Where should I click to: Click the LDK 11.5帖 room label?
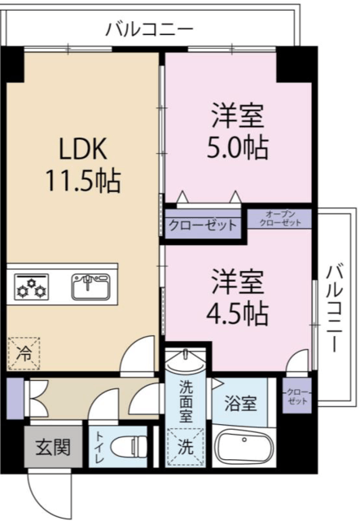pos(83,164)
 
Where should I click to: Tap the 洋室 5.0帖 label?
pos(238,131)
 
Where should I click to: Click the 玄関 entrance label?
pos(53,447)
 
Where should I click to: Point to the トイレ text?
pos(99,447)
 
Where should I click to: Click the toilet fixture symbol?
pos(128,447)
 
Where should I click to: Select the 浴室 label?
pos(240,403)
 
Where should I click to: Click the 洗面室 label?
pos(186,401)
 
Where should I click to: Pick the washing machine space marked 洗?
pos(186,447)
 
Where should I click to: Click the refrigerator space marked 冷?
pos(24,353)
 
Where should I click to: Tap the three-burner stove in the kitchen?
pos(32,287)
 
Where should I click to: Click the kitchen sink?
pos(91,286)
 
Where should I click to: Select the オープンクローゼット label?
pos(280,219)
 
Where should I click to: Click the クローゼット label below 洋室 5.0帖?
pos(203,225)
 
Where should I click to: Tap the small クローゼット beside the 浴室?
pos(297,396)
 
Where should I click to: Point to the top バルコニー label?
pos(149,29)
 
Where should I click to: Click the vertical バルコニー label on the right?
pos(335,308)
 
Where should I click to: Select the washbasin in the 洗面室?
pos(186,361)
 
